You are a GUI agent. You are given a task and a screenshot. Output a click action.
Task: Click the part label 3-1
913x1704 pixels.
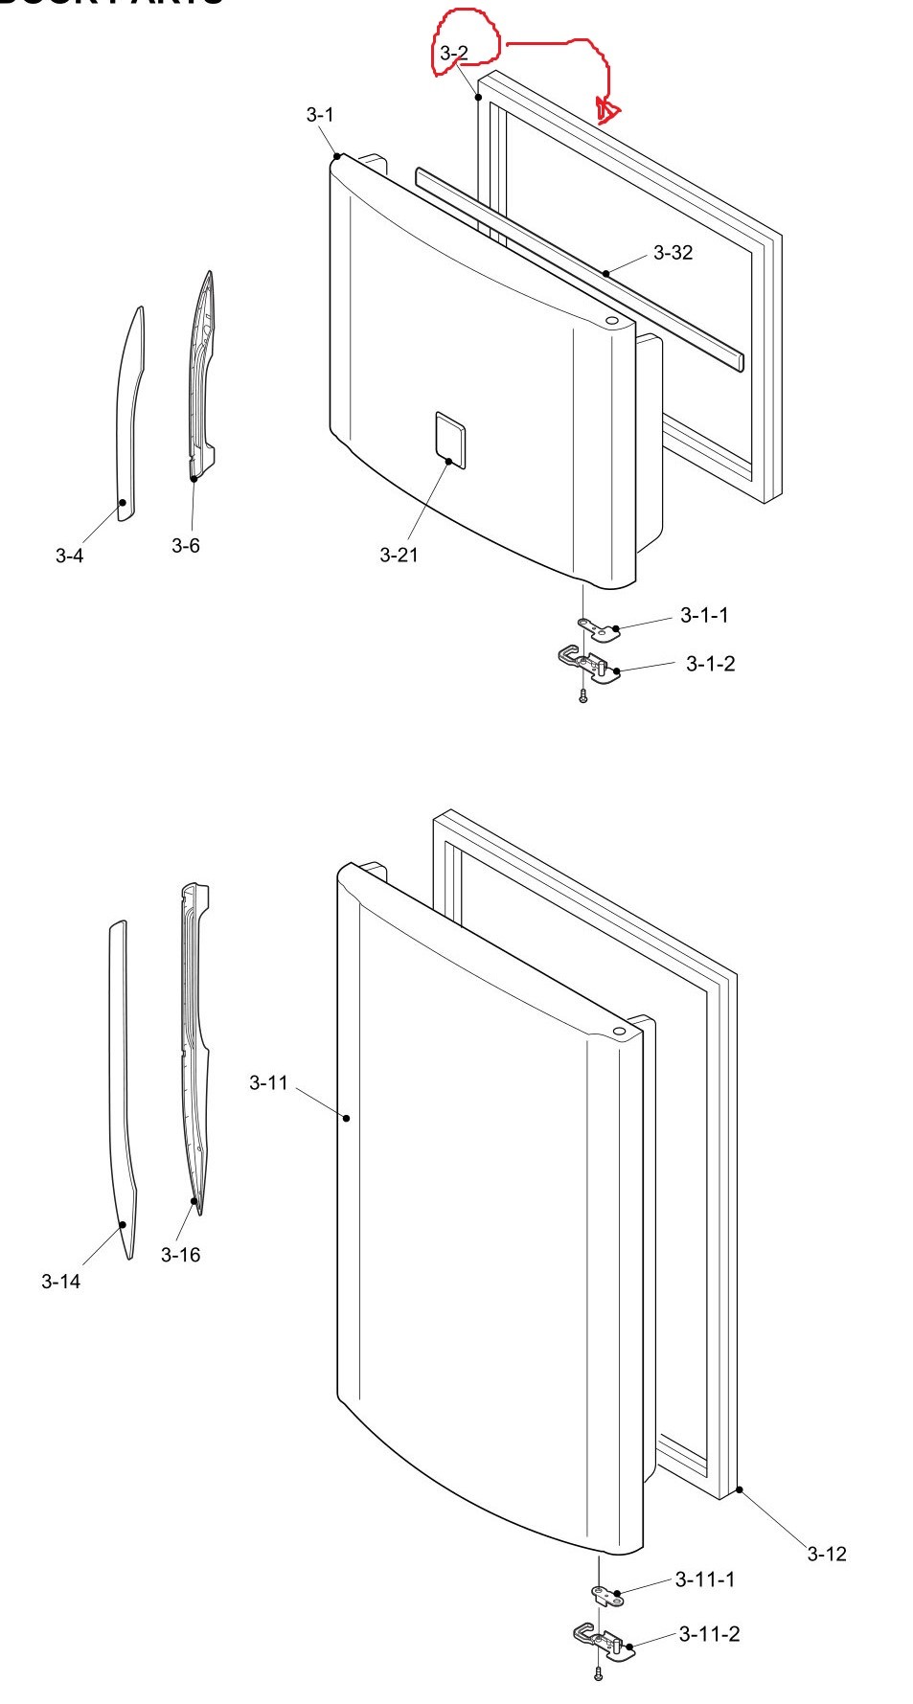tap(320, 115)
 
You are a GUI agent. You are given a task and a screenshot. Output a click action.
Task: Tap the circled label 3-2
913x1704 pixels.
tap(454, 55)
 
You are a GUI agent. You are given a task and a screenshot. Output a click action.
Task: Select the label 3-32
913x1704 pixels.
tap(673, 253)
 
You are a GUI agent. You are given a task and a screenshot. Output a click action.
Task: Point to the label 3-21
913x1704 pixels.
tap(399, 555)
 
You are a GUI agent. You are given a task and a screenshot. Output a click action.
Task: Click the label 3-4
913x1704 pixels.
tap(69, 556)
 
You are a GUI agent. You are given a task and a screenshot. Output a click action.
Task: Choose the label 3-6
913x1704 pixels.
tap(186, 545)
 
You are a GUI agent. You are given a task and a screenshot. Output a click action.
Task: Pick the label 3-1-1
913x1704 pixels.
tap(704, 615)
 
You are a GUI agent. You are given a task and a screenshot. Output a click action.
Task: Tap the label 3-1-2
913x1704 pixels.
tap(710, 664)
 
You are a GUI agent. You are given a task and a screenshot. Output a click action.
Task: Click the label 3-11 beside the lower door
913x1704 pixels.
tap(268, 1082)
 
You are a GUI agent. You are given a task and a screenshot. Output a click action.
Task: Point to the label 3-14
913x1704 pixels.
tap(60, 1282)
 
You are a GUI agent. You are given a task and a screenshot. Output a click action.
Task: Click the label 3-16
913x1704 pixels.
tap(180, 1255)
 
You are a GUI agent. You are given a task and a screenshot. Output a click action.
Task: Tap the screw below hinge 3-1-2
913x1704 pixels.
tap(582, 698)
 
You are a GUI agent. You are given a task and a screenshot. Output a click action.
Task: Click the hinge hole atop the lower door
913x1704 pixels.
tap(618, 1033)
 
